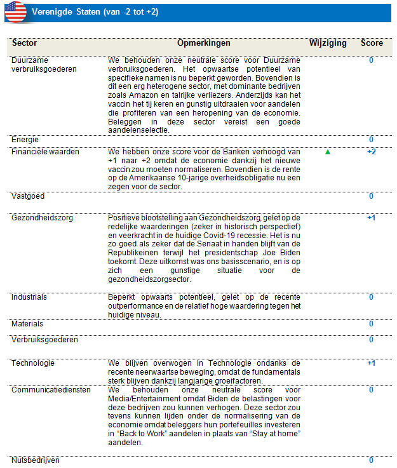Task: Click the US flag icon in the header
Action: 15,12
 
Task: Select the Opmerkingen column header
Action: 204,43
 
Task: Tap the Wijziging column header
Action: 328,43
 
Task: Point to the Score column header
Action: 372,43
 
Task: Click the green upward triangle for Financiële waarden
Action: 328,152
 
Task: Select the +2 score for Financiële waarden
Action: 372,152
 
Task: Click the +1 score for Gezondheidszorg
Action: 372,218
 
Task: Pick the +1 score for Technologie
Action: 372,363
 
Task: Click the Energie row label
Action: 25,139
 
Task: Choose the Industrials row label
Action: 29,297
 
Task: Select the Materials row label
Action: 27,324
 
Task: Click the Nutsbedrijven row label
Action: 36,460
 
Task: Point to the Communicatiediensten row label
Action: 51,390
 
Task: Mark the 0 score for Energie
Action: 372,139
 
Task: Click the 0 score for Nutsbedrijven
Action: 372,460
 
